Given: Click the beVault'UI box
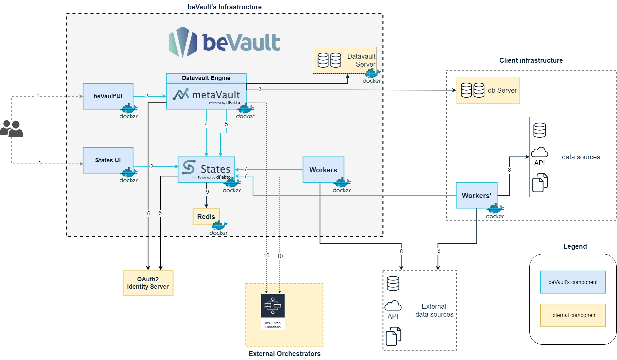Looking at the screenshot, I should coord(108,96).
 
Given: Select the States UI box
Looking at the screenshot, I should coord(108,160).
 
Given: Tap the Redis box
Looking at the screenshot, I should coord(206,217).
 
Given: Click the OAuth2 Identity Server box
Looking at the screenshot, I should coord(148,283).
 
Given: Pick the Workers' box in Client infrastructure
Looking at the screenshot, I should coord(476,196).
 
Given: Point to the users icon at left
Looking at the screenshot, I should coord(12,128).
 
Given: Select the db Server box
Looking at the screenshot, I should coord(488,90).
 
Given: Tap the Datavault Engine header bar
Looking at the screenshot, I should coord(206,78).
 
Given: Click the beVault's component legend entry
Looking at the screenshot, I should coord(573,282).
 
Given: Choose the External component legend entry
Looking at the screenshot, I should coord(573,315).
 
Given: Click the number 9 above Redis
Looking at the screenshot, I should coord(207,192).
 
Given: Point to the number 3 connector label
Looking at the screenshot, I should coord(260,89).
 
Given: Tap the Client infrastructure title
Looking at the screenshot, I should coord(531,60).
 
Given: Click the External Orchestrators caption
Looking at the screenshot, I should coord(285,354).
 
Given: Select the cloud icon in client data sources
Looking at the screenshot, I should coord(539,152).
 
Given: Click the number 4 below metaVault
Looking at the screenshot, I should coord(206,124).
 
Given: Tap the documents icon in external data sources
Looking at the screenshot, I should coord(393,336).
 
